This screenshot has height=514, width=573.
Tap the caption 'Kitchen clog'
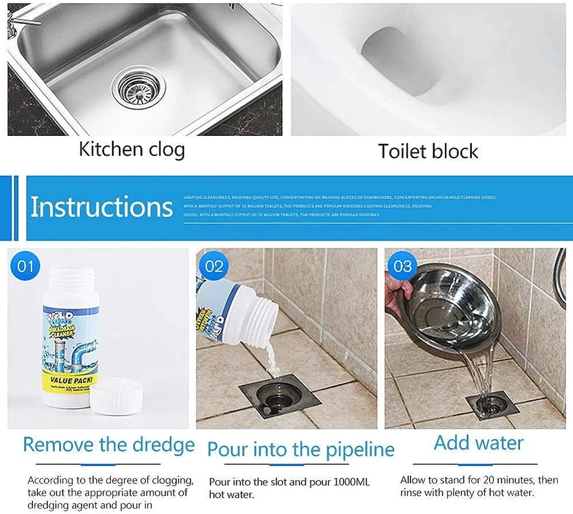(x=132, y=149)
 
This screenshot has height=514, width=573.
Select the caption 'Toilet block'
(x=428, y=151)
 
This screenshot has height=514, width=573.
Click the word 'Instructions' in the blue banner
(x=101, y=207)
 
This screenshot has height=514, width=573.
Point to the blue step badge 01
(x=25, y=266)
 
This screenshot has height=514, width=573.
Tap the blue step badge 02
(x=213, y=266)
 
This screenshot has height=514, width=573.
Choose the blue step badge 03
(x=402, y=266)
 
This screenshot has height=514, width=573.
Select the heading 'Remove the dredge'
(x=108, y=444)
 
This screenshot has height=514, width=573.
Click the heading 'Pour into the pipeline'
(x=300, y=450)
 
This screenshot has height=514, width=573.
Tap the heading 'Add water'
(x=478, y=443)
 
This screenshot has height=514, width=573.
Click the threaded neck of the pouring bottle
(x=261, y=311)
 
